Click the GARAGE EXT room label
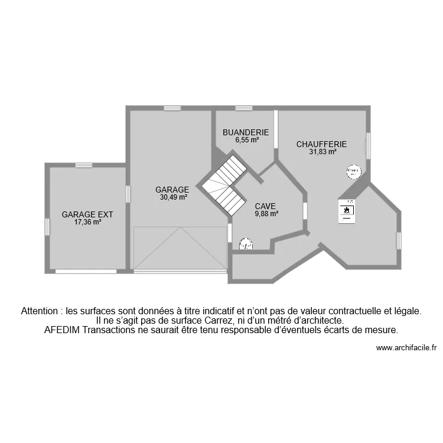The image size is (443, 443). tap(87, 214)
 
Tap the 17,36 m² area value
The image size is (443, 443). tap(87, 223)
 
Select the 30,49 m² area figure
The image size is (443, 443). tap(173, 198)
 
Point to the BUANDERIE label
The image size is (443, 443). tap(246, 133)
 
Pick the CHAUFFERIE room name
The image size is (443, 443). tap(321, 144)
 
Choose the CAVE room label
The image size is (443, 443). tap(265, 206)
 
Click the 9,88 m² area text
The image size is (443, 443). tap(266, 214)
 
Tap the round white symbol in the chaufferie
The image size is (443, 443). tap(353, 171)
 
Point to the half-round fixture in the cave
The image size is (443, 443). tap(245, 245)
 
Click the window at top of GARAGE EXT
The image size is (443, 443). tap(83, 165)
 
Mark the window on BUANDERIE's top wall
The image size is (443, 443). tap(244, 108)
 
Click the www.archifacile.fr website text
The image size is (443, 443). tap(406, 348)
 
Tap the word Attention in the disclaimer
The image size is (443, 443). tap(41, 310)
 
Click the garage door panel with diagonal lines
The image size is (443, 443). tap(180, 248)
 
